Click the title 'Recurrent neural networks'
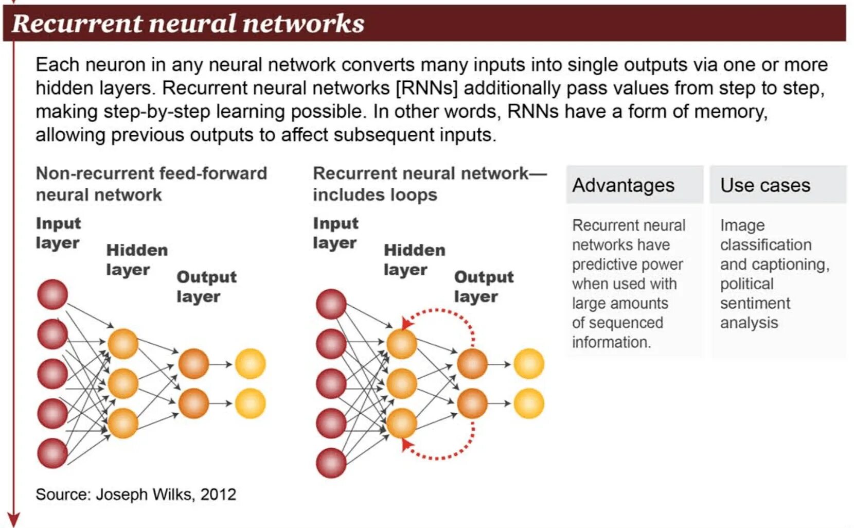click(x=188, y=24)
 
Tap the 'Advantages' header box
click(x=634, y=185)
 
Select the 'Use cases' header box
click(x=777, y=185)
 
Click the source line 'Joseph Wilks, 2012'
click(x=136, y=494)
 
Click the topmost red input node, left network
click(x=52, y=294)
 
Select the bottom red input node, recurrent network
click(x=331, y=462)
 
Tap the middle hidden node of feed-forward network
click(x=123, y=383)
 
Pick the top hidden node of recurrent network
click(x=401, y=344)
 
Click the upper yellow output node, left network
click(x=250, y=364)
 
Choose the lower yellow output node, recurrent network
click(x=528, y=403)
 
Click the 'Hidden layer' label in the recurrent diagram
click(x=414, y=260)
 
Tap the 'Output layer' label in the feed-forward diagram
click(x=206, y=287)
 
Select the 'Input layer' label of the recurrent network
click(x=335, y=233)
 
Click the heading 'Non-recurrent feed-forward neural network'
click(x=151, y=184)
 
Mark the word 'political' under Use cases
click(x=746, y=284)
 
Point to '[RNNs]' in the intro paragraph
click(x=426, y=88)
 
